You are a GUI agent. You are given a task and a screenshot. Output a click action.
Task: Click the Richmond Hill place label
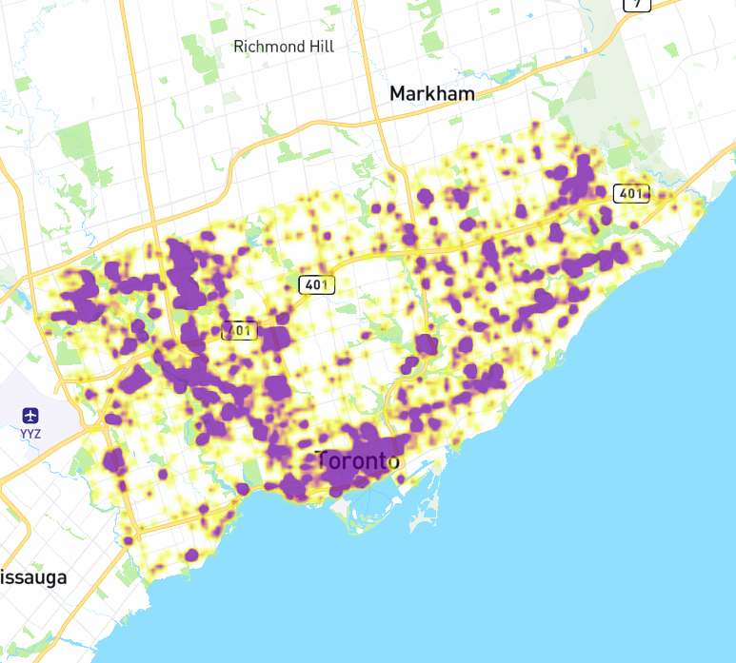[284, 47]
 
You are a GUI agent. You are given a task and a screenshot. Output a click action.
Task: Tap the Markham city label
[431, 93]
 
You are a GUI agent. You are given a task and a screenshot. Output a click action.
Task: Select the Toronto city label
[357, 461]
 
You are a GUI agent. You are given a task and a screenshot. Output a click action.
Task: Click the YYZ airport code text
[31, 433]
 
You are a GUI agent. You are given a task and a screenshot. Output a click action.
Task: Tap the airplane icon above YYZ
[31, 416]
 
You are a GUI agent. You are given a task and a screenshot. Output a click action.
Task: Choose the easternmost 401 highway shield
[630, 193]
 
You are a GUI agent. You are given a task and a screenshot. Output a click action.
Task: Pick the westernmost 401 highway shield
[240, 331]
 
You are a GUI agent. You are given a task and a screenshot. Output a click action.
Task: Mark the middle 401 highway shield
[315, 283]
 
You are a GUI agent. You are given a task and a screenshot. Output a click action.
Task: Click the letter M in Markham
[399, 93]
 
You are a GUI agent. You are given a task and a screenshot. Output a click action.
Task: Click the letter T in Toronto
[323, 460]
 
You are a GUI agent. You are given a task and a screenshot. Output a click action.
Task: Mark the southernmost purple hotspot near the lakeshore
[192, 555]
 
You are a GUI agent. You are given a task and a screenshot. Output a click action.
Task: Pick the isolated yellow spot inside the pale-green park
[636, 123]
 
